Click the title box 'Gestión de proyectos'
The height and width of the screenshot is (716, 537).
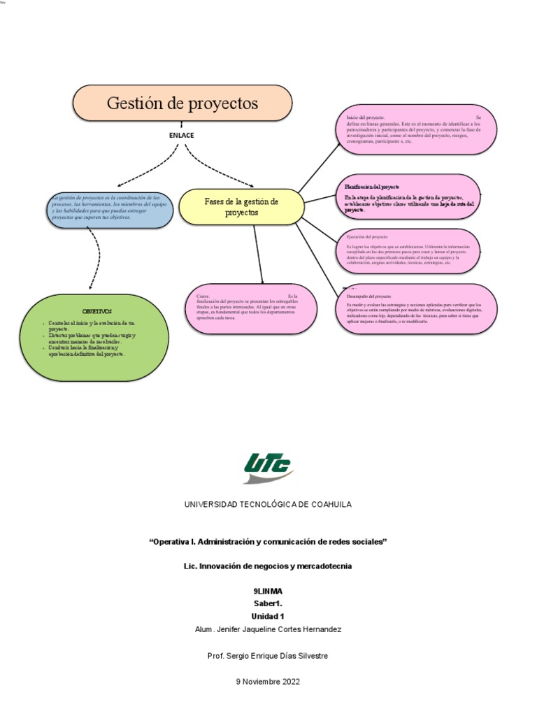[182, 103]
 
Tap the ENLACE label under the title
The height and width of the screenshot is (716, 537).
[182, 135]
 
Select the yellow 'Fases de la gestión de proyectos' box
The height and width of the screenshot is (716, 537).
[241, 206]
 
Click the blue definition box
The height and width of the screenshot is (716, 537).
[110, 209]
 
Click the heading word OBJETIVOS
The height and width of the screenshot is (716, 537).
[96, 310]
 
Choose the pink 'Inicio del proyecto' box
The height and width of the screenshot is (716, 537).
[417, 129]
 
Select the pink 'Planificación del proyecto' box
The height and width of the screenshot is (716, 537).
[410, 197]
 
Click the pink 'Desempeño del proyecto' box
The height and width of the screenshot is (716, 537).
[417, 308]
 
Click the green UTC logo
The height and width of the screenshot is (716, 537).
[268, 467]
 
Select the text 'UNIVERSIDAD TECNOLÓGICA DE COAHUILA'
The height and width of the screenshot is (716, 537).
[268, 504]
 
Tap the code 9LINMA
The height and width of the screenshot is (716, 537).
[268, 591]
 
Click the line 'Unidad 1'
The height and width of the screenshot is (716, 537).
[268, 616]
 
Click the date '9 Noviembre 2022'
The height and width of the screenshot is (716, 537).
[268, 682]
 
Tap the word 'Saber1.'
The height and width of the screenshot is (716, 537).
[268, 603]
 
